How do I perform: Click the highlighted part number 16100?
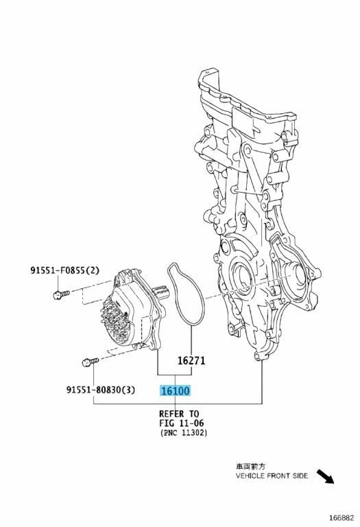tap(176, 390)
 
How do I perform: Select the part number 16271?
tap(191, 361)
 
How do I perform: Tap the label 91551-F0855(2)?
tap(65, 270)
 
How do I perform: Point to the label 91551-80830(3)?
tap(100, 390)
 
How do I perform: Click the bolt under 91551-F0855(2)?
tap(61, 294)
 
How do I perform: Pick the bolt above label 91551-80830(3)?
tap(90, 362)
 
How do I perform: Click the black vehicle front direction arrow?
tap(326, 476)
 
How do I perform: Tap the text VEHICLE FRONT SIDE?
tap(272, 476)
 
